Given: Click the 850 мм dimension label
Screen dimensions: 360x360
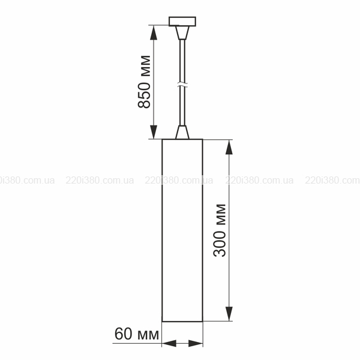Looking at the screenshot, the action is [144, 82].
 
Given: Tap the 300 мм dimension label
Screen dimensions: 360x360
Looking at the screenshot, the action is [220, 230].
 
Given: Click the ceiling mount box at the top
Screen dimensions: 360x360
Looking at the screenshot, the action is [182, 22].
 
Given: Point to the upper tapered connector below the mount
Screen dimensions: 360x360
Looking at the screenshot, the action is [182, 33].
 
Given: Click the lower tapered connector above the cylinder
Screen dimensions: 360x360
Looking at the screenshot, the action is [182, 132].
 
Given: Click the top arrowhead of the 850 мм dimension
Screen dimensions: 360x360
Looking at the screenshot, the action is [154, 32].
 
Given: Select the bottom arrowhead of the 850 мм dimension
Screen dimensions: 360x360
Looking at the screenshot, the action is [154, 132].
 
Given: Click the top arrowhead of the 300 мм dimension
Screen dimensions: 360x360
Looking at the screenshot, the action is [229, 147].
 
